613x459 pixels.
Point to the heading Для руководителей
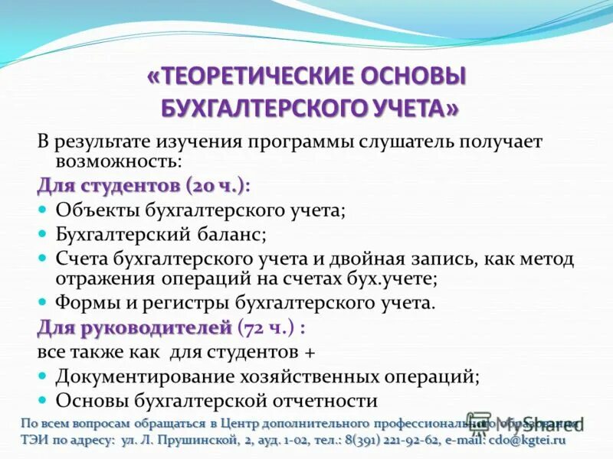(134, 328)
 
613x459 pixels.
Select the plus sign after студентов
(310, 353)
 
